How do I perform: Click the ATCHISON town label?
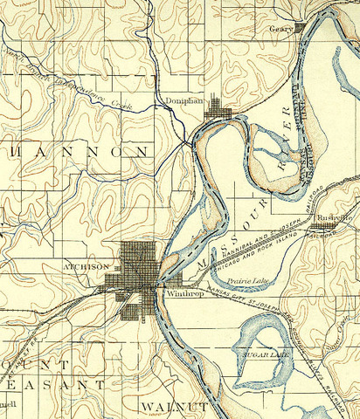[x=87, y=265]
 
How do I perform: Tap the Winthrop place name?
[x=181, y=295]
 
